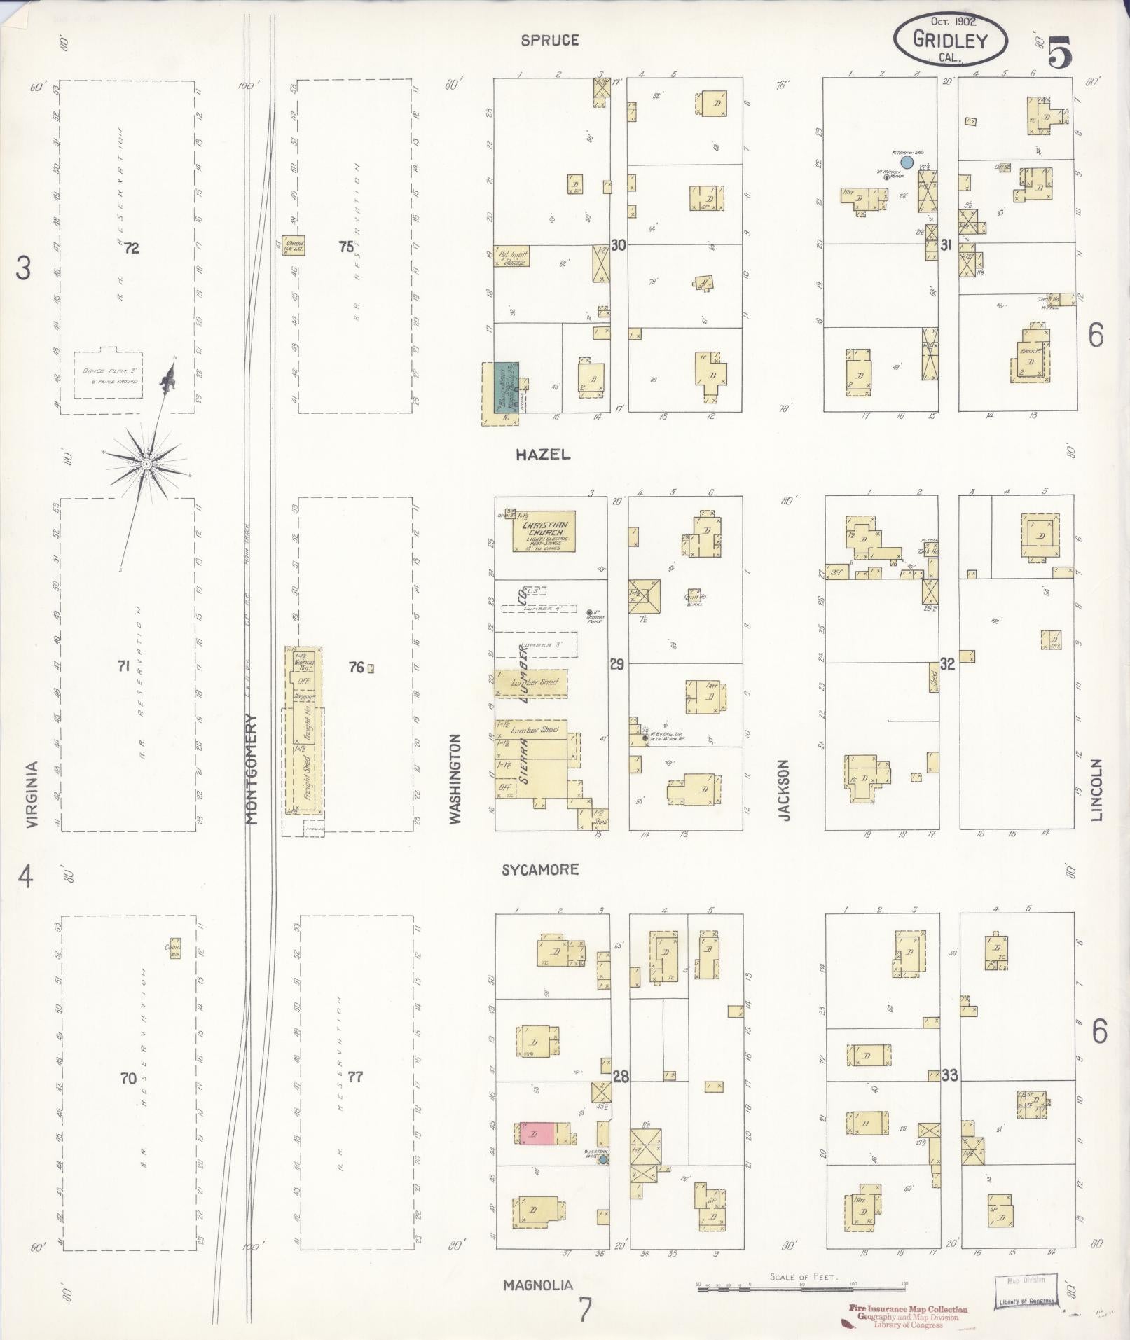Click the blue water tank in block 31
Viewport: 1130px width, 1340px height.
tap(906, 162)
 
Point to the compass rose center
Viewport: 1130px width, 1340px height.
tap(146, 464)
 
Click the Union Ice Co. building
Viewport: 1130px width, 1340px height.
tap(293, 244)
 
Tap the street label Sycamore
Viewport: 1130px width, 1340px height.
tap(540, 869)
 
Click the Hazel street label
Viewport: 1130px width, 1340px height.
tap(543, 454)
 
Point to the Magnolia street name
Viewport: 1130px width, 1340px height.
tap(538, 1285)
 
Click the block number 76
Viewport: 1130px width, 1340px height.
tap(357, 667)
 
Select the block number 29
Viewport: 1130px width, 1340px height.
tap(616, 663)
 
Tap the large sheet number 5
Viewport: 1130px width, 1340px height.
tap(1060, 53)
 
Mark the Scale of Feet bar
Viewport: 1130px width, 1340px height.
tap(801, 1287)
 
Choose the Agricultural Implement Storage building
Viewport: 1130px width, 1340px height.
tap(512, 256)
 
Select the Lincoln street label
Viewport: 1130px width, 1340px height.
tap(1096, 789)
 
